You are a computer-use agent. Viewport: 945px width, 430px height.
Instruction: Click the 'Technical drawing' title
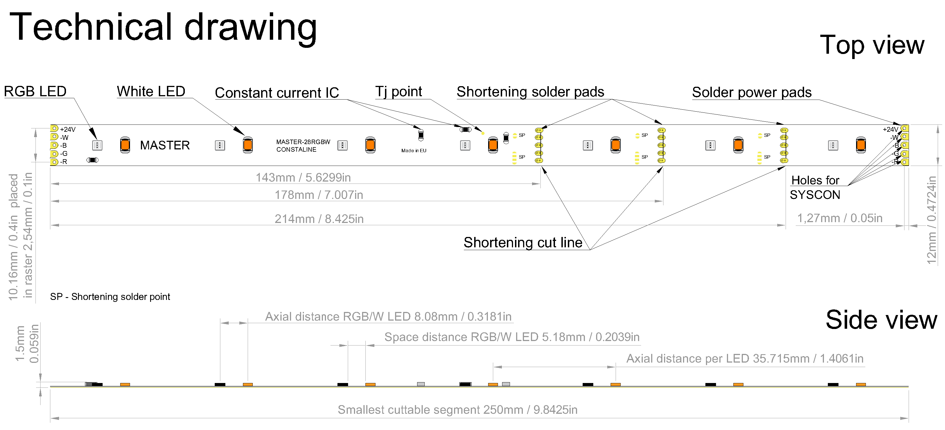163,27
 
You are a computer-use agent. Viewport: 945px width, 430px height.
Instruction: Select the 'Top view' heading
872,45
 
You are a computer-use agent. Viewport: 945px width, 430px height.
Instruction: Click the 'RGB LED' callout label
35,91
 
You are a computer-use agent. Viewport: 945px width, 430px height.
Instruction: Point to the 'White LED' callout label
151,91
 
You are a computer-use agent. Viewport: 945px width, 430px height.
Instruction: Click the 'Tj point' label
398,91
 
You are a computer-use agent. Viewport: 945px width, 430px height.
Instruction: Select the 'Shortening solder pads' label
530,92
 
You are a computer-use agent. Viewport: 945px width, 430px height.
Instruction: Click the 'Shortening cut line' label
523,243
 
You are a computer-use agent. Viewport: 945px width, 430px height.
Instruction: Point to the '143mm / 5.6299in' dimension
303,178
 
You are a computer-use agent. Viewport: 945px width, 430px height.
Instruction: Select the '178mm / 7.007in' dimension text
319,195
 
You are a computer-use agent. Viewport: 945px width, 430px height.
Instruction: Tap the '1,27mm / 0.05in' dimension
839,218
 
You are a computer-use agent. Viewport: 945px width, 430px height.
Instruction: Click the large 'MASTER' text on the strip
165,145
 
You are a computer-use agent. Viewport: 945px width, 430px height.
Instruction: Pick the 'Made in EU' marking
414,151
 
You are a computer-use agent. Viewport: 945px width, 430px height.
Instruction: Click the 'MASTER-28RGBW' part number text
303,142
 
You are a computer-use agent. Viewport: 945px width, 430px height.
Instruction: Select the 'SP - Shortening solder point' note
110,297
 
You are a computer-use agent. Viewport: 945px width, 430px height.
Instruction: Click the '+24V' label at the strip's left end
67,129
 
